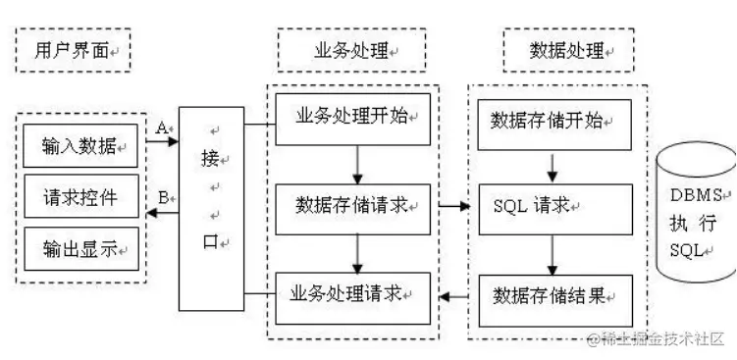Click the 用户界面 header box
[74, 50]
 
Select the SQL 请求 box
[552, 207]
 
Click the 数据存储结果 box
[552, 293]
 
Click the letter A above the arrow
[162, 126]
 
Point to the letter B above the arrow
[163, 196]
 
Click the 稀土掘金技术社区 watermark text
[656, 338]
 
